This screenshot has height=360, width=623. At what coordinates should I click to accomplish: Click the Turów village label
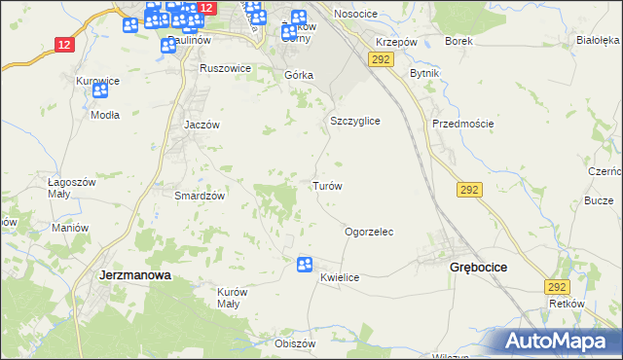coord(325,185)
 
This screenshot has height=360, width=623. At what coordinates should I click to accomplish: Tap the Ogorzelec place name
coord(368,233)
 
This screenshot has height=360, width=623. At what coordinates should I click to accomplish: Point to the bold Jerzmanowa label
coord(135,275)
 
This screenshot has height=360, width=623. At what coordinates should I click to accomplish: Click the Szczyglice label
coord(353,121)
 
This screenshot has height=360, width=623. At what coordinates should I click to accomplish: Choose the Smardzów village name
coord(200,195)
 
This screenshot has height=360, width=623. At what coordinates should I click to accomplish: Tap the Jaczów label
coord(203,126)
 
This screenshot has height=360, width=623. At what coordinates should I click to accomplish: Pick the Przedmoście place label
coord(463,124)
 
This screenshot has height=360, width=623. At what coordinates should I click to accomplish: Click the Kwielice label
coord(340,277)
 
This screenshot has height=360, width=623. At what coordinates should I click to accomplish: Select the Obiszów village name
coord(296,343)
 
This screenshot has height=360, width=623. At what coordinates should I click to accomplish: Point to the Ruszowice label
coord(225,69)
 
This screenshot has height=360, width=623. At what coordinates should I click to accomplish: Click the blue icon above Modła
coord(99,90)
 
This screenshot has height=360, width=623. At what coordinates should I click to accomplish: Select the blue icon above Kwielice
coord(304,263)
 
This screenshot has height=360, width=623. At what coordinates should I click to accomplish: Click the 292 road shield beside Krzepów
coord(380,60)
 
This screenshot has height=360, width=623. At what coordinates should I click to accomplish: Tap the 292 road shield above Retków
coord(556,287)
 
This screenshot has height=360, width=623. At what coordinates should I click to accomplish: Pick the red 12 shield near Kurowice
coord(64,44)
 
